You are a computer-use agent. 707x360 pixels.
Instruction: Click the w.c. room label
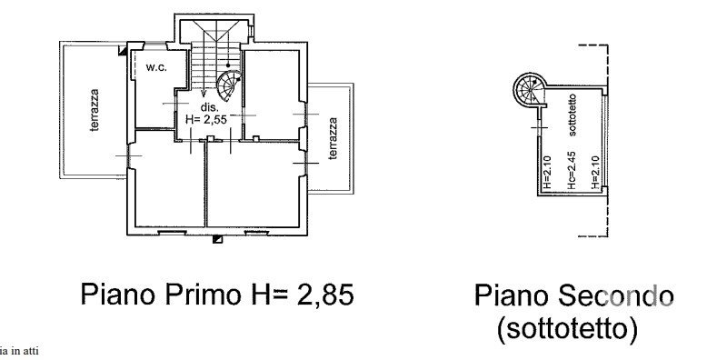156,67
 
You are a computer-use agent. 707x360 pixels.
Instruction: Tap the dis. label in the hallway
210,108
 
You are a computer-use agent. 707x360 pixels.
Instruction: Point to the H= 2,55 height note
206,120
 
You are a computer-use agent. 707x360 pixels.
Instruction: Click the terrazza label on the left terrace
94,111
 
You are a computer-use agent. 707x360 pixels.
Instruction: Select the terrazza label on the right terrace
333,138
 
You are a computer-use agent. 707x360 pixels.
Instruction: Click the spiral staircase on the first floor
229,85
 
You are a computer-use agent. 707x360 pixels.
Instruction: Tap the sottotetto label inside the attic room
573,115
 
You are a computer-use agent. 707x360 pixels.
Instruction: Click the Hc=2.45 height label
572,170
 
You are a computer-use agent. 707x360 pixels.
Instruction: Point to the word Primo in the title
203,295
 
